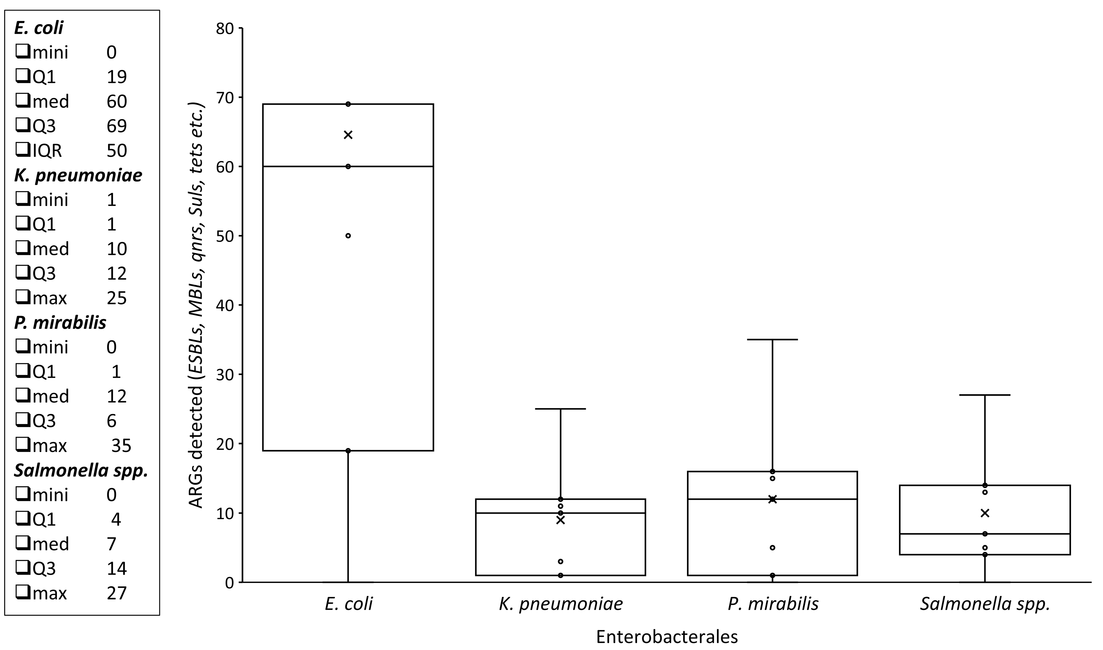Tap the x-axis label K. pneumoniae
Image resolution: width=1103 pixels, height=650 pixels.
coord(561,604)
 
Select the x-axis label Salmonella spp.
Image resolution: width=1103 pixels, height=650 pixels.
coord(985,604)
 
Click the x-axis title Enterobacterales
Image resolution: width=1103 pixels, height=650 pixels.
coord(667,636)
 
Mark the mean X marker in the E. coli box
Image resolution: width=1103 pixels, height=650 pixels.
coord(348,135)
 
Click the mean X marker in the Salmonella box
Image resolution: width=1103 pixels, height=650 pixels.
coord(985,513)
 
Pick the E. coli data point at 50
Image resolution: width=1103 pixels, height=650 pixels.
coord(348,236)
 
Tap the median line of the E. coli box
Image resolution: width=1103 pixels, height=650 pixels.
coord(307,166)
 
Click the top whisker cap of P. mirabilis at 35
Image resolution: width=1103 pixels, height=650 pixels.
coord(773,339)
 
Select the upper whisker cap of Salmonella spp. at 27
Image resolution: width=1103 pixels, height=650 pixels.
coord(985,395)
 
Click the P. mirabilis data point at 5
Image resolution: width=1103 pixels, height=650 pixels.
coord(773,547)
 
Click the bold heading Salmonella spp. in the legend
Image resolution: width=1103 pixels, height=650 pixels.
coord(81,470)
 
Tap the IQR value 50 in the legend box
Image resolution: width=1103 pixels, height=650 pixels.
coord(117,151)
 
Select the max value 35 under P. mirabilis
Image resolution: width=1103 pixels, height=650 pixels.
coord(121,446)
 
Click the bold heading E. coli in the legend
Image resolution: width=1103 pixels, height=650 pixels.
coord(39,28)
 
